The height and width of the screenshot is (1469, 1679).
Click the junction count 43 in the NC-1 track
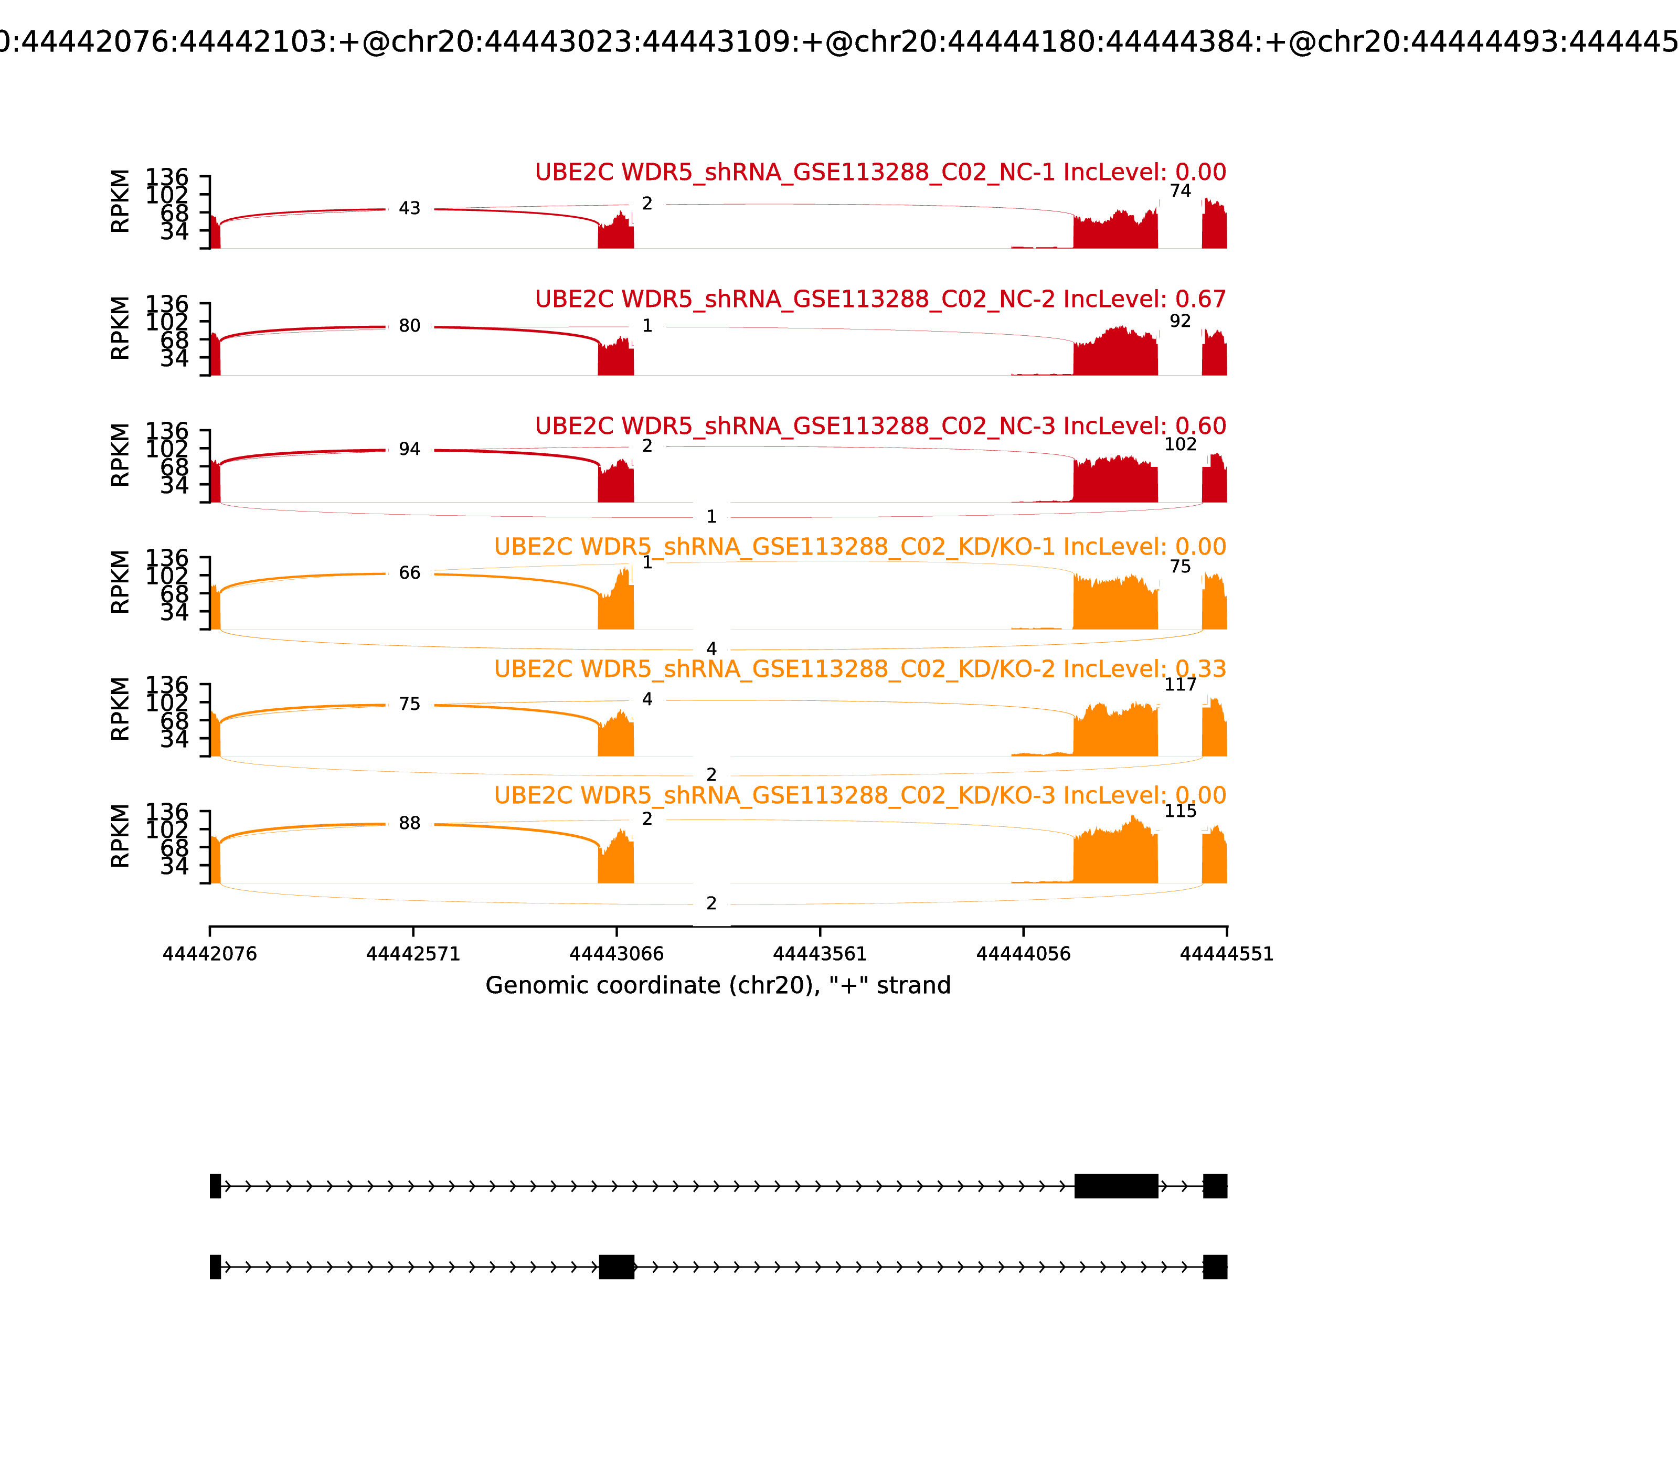click(x=409, y=208)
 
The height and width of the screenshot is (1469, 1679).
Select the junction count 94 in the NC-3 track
click(x=409, y=449)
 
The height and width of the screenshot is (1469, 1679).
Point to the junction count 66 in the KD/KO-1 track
click(x=409, y=573)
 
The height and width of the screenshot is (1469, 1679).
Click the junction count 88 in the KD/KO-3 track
click(x=409, y=823)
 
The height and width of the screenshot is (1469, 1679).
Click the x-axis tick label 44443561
click(x=819, y=954)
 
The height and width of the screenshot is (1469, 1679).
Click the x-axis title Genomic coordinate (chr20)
click(x=717, y=985)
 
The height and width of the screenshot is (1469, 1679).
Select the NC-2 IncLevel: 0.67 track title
click(x=880, y=299)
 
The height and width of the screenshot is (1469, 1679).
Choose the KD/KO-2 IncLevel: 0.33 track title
click(x=859, y=669)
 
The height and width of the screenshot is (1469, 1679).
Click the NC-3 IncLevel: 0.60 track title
click(x=880, y=426)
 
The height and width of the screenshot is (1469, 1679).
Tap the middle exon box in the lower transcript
click(x=617, y=1266)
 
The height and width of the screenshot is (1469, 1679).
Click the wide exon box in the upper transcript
click(x=1116, y=1185)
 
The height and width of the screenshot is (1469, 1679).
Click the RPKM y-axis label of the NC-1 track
click(x=120, y=201)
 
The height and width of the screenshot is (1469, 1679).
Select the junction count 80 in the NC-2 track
click(x=409, y=326)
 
